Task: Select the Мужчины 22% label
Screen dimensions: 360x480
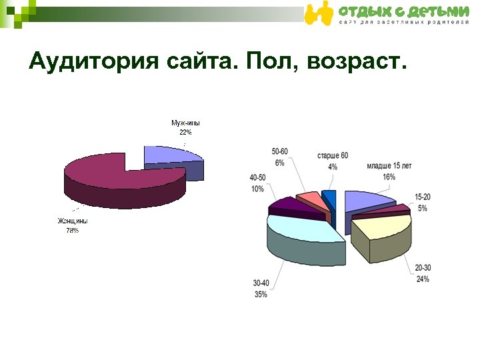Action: [x=185, y=127]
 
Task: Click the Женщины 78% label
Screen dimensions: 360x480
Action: [x=72, y=225]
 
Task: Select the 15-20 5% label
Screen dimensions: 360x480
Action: [x=423, y=203]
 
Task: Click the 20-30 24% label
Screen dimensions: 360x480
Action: [x=423, y=273]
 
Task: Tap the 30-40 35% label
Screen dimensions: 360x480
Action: [x=261, y=289]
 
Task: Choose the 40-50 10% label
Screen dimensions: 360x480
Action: [x=257, y=183]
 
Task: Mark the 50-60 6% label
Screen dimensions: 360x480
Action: [x=279, y=157]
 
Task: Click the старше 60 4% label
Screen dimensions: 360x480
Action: [x=332, y=160]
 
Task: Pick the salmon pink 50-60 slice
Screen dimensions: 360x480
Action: [x=311, y=199]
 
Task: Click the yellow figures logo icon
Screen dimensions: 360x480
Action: [x=319, y=14]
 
